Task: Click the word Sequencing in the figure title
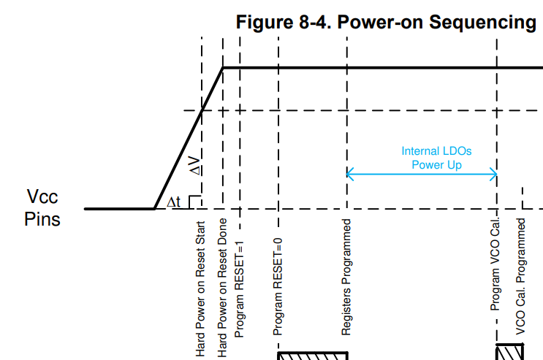pyautogui.click(x=482, y=23)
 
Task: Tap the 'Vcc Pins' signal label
pyautogui.click(x=42, y=207)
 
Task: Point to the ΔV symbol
pyautogui.click(x=194, y=166)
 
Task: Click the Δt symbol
pyautogui.click(x=173, y=202)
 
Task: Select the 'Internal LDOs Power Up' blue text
pyautogui.click(x=436, y=158)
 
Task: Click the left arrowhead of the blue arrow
pyautogui.click(x=349, y=174)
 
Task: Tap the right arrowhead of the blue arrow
pyautogui.click(x=494, y=174)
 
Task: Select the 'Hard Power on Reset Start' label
pyautogui.click(x=200, y=289)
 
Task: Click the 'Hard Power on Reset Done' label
pyautogui.click(x=222, y=288)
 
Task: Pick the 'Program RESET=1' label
pyautogui.click(x=239, y=289)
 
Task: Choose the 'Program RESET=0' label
pyautogui.click(x=278, y=287)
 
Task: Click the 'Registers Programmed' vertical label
pyautogui.click(x=346, y=277)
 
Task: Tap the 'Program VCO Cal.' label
pyautogui.click(x=495, y=264)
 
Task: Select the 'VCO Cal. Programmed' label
pyautogui.click(x=521, y=277)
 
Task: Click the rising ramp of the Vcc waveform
pyautogui.click(x=189, y=138)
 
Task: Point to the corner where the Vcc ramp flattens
pyautogui.click(x=223, y=68)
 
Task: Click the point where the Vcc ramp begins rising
pyautogui.click(x=154, y=209)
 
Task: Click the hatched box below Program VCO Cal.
pyautogui.click(x=509, y=352)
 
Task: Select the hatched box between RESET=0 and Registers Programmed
pyautogui.click(x=313, y=356)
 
